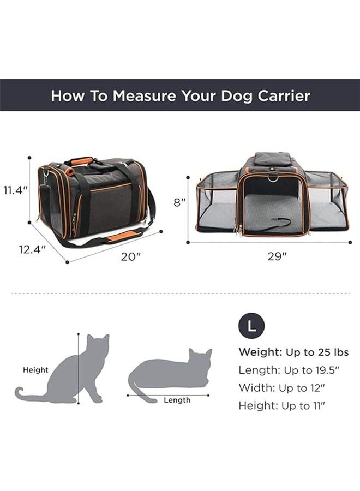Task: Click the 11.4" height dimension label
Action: click(x=15, y=190)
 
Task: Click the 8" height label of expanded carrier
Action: click(x=179, y=202)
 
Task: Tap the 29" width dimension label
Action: click(x=277, y=256)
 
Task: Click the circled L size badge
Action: click(x=251, y=326)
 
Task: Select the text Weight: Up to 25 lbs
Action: click(x=293, y=352)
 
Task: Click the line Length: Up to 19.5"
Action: click(x=289, y=370)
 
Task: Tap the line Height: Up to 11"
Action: click(x=285, y=406)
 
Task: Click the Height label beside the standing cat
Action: click(x=35, y=370)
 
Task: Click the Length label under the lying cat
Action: click(x=177, y=400)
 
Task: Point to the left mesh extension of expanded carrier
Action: click(x=217, y=201)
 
